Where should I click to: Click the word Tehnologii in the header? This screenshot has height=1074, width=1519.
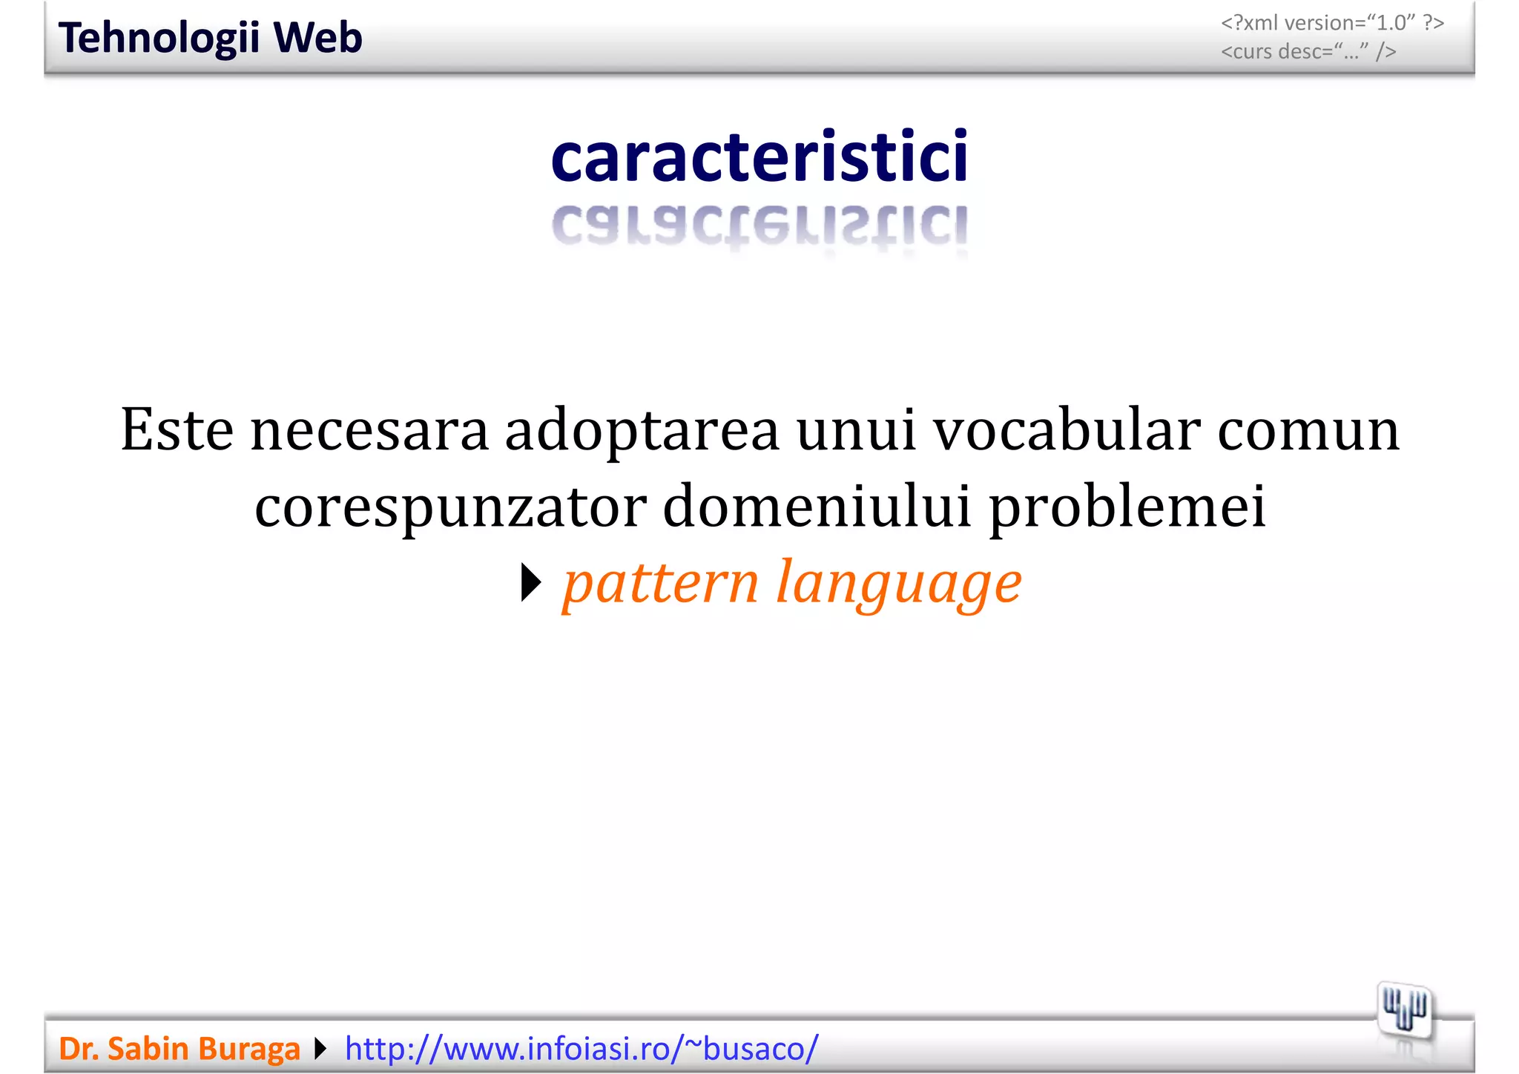click(159, 39)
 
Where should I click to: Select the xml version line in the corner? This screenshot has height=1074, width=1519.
click(1332, 23)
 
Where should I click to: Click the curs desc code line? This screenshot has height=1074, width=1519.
click(1308, 52)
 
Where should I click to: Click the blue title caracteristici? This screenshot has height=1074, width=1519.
click(759, 157)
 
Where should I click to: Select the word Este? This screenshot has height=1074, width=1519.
click(177, 429)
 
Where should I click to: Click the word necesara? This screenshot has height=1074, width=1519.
click(369, 429)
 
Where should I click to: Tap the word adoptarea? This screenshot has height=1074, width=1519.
click(642, 431)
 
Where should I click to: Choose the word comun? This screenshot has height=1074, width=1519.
click(1308, 429)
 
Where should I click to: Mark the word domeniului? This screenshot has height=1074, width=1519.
click(817, 506)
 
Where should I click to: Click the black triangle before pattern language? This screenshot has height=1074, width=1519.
click(531, 583)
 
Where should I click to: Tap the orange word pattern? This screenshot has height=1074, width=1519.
click(661, 583)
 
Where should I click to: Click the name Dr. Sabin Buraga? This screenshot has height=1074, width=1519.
click(179, 1049)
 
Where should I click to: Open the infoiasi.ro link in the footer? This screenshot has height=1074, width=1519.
click(581, 1049)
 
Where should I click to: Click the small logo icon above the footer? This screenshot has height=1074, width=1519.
click(1405, 1010)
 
